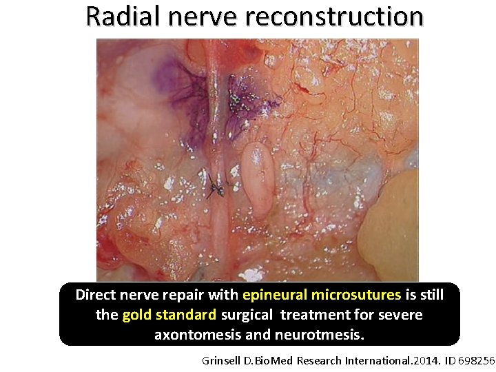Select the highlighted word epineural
coord(275,296)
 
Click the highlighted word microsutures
coord(355,296)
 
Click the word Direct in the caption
coord(97,296)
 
